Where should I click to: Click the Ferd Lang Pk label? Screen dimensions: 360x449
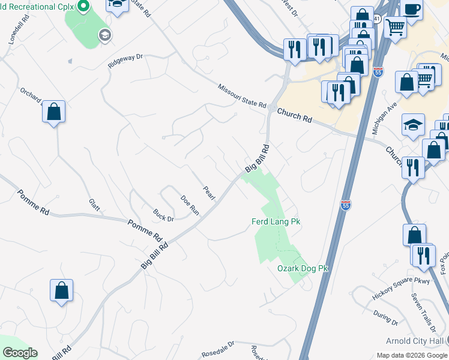(x=275, y=222)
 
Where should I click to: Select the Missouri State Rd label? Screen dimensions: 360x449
(x=242, y=96)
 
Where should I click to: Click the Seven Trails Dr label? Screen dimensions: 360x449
(x=423, y=313)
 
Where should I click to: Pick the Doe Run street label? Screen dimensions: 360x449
(x=190, y=205)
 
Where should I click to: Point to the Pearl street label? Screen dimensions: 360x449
(x=208, y=193)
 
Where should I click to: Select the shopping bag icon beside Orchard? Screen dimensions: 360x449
(x=54, y=111)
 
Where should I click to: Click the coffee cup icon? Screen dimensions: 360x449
(x=412, y=9)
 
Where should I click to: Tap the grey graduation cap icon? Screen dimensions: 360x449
(x=106, y=36)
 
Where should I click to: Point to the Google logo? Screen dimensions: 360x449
(x=20, y=353)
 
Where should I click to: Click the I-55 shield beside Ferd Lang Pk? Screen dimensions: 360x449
(x=345, y=205)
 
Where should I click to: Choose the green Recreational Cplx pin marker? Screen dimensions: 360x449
(x=84, y=7)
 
